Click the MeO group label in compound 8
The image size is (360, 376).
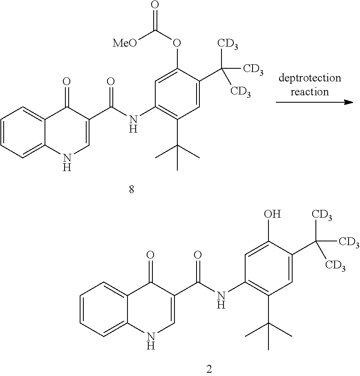pos(125,43)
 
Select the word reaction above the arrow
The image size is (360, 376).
pos(310,92)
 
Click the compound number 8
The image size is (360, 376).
pos(131,190)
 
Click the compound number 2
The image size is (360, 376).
pos(209,369)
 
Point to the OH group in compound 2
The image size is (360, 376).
pos(272,214)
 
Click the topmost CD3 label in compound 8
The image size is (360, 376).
pos(228,44)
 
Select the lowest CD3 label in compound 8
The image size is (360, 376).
pos(241,92)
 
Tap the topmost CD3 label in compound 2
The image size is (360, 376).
pos(322,215)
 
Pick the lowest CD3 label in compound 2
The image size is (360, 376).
pos(335,266)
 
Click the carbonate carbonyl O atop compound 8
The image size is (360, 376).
pos(155,5)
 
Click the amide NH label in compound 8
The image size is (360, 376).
pos(133,124)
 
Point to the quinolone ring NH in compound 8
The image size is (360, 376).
pos(67,162)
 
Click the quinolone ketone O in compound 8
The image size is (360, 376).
pos(67,82)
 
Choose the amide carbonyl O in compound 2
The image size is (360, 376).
pos(198,255)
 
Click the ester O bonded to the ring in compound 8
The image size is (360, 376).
pos(177,43)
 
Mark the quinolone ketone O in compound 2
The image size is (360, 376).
pos(150,255)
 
